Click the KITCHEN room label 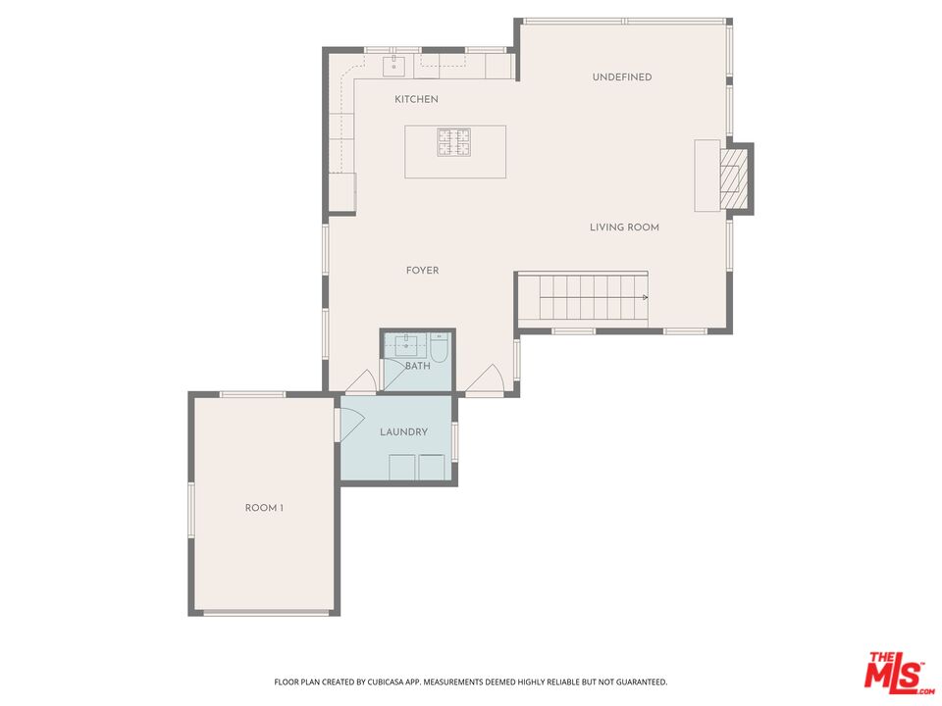416,99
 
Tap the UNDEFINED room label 622,77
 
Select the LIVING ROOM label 624,227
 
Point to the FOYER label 422,271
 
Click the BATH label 418,367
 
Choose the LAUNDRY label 403,431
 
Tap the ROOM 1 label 264,508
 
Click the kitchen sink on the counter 393,66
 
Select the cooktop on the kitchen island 454,143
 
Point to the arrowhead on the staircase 645,297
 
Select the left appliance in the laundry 401,468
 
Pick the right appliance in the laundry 432,468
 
